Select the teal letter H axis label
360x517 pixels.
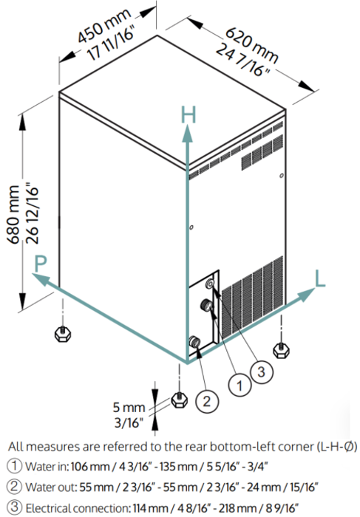189,114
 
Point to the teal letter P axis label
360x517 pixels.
40,264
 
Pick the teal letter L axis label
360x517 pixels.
320,279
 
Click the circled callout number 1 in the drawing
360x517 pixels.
240,385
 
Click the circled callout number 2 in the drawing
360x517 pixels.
207,401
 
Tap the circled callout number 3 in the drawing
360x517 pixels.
262,372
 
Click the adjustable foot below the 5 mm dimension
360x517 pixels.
179,400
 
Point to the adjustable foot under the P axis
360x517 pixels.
62,334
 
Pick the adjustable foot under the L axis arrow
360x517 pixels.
281,350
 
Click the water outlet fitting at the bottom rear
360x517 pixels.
194,341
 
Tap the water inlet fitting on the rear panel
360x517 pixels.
207,304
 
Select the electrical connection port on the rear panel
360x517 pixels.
210,284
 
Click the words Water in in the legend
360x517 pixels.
47,467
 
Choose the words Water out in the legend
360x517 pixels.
51,487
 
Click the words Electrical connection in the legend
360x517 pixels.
77,508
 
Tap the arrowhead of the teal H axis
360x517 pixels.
188,134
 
